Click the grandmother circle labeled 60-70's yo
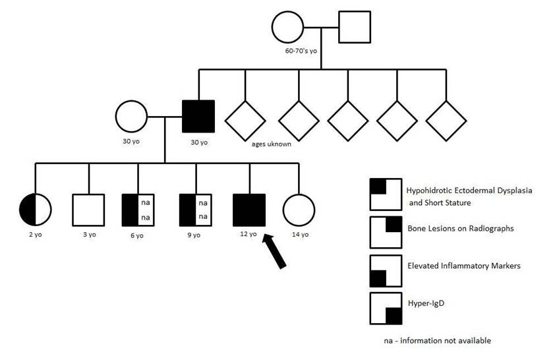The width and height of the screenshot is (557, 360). pos(288,27)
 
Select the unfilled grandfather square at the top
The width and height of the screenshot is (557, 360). pos(355,27)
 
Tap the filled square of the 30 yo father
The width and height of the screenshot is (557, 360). pos(198,117)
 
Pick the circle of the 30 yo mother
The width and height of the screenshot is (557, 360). pos(132,117)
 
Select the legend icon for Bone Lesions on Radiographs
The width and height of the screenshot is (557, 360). pos(386,232)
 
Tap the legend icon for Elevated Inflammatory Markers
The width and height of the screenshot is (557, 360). pos(386,270)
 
